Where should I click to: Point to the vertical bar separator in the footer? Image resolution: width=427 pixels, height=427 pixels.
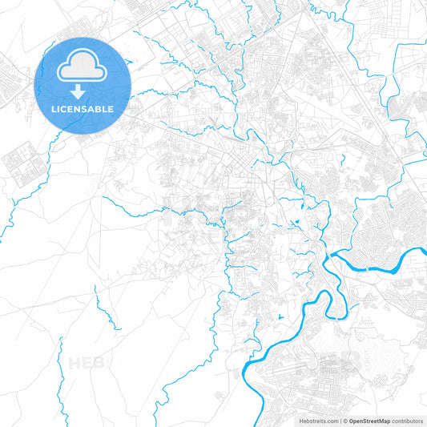343,421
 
